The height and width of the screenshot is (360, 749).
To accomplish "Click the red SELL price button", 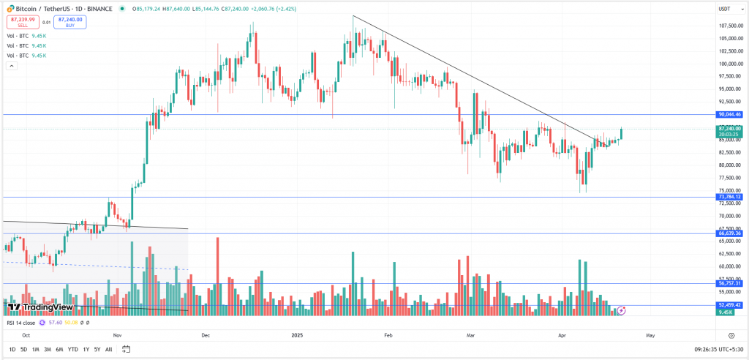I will click(22, 22).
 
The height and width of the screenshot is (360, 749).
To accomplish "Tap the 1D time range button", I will click(12, 349).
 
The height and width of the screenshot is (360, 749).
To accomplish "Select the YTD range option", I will click(72, 349).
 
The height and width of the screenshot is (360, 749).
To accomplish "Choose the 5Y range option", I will click(97, 349).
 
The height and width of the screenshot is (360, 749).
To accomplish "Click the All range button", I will click(109, 349).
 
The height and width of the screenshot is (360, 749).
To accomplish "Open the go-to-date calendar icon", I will click(126, 349).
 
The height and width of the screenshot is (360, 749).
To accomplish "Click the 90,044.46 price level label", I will click(731, 114).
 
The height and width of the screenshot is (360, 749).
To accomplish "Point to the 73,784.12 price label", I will click(731, 197).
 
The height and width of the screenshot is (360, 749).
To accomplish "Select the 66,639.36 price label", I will click(731, 233).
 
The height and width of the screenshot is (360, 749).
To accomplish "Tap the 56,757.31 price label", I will click(731, 283).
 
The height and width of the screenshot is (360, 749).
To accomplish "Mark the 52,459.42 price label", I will click(731, 304).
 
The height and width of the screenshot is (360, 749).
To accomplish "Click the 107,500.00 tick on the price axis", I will click(731, 26).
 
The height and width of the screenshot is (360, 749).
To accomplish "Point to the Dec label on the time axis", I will click(206, 334).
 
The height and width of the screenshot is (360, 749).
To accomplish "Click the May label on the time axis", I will click(650, 334).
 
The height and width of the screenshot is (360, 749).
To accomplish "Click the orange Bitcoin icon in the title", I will click(9, 9).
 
